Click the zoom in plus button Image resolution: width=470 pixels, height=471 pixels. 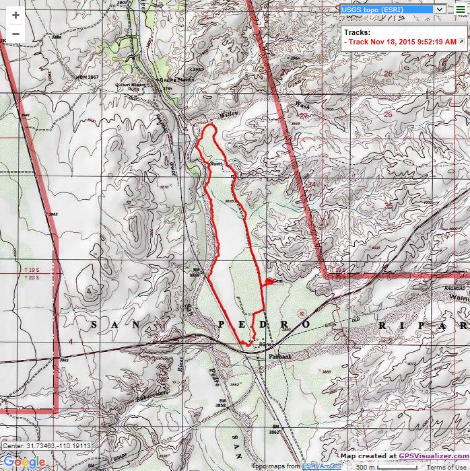click(x=15, y=15)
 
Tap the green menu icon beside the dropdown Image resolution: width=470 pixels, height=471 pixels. click(x=460, y=9)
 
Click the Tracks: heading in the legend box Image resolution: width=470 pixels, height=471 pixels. click(x=357, y=32)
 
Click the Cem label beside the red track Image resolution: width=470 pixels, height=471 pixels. click(x=277, y=281)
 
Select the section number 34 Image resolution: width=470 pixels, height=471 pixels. click(x=311, y=184)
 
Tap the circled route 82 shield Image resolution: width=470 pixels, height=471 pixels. click(x=302, y=314)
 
